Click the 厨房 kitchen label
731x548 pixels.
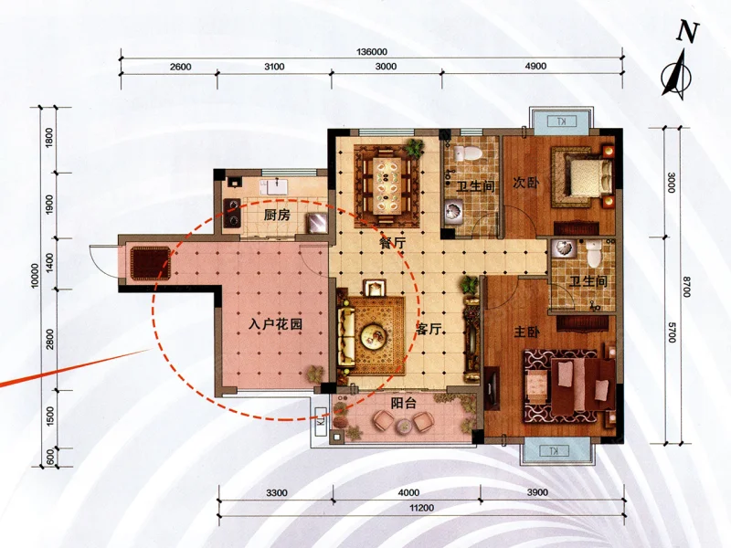pos(277,215)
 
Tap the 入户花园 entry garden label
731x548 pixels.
pos(275,323)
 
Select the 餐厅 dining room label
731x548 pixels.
pos(392,243)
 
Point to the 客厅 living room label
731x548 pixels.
pos(429,329)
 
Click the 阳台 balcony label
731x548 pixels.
pos(404,403)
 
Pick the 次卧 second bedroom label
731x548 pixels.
pos(526,182)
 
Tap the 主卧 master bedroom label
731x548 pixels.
pos(527,332)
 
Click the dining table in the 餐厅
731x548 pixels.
pos(387,185)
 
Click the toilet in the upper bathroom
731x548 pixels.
pos(468,153)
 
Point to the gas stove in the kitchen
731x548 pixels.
pos(232,213)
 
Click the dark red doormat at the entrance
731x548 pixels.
pos(150,263)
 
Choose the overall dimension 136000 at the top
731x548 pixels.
pos(372,52)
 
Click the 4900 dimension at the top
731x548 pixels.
pos(535,66)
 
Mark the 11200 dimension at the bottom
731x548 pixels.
pos(422,508)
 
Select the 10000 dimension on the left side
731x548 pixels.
pos(35,276)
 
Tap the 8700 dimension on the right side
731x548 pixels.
pos(686,287)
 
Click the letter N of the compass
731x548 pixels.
pos(688,32)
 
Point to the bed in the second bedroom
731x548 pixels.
pos(588,177)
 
